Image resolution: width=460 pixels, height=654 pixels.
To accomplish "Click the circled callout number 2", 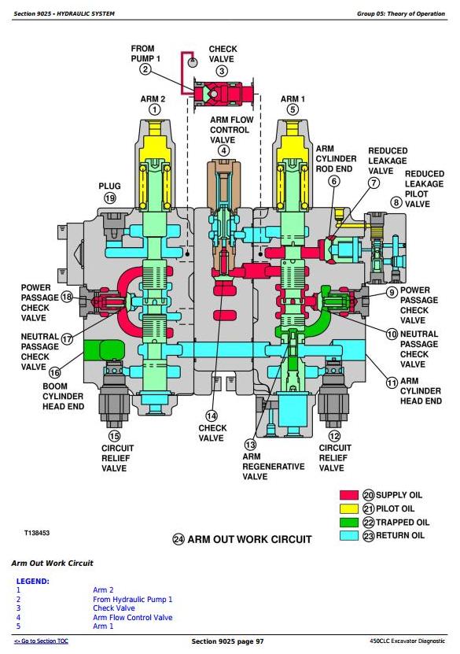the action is click(145, 68).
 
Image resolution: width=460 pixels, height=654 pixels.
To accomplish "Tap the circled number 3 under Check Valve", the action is click(222, 71).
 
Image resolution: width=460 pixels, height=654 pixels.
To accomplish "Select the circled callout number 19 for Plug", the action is click(109, 198).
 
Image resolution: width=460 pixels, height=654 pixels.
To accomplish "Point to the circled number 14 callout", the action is click(212, 416).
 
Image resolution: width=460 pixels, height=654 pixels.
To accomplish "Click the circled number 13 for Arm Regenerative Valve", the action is click(250, 444).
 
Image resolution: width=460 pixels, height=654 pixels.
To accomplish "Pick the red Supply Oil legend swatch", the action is click(349, 495).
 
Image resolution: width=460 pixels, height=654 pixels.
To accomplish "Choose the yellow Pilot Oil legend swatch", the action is click(349, 508).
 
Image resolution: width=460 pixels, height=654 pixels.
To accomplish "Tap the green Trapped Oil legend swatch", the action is click(349, 523).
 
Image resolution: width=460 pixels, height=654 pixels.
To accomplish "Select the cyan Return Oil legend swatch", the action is click(349, 535).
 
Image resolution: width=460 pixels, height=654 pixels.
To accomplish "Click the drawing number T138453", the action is click(37, 533).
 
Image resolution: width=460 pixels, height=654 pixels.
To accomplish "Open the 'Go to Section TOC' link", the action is click(41, 641).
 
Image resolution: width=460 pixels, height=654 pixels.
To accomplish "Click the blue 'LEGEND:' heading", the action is click(32, 581).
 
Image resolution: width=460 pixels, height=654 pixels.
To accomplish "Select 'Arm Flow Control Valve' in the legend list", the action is click(133, 617).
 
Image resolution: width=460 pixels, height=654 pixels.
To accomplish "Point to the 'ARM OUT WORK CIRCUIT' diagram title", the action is click(249, 539).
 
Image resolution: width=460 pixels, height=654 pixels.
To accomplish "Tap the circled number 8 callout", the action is click(396, 202).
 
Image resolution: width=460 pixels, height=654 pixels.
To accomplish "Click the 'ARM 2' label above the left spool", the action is click(153, 99).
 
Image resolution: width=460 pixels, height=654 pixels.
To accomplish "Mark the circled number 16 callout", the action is click(54, 372).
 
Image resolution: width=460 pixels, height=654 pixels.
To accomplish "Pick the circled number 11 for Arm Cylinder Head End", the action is click(392, 382).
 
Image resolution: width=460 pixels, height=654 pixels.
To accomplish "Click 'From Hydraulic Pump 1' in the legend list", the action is click(133, 600).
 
